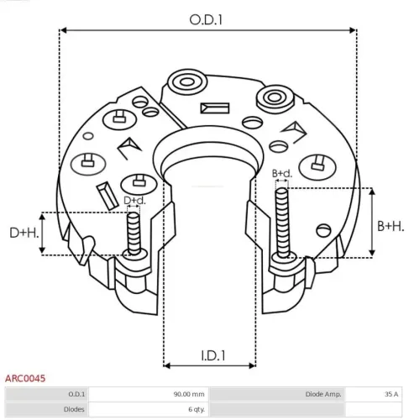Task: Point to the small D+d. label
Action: [x=134, y=200]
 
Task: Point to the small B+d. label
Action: [x=281, y=173]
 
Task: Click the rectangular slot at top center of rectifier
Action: [x=212, y=109]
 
